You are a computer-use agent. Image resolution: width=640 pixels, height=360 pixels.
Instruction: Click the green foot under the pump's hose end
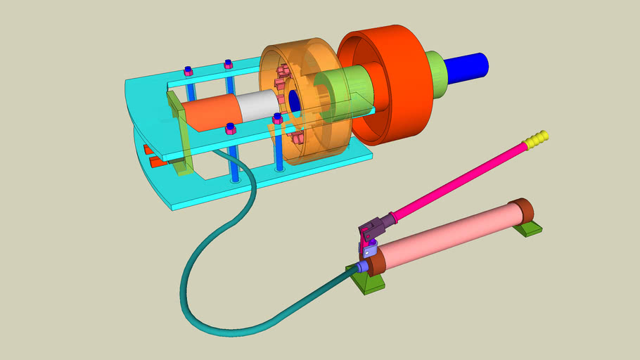[x=366, y=281]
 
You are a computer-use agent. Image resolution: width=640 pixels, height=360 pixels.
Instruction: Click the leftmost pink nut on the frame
[x=188, y=71]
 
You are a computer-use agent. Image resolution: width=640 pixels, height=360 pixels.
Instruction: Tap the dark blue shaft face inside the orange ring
[x=295, y=103]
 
